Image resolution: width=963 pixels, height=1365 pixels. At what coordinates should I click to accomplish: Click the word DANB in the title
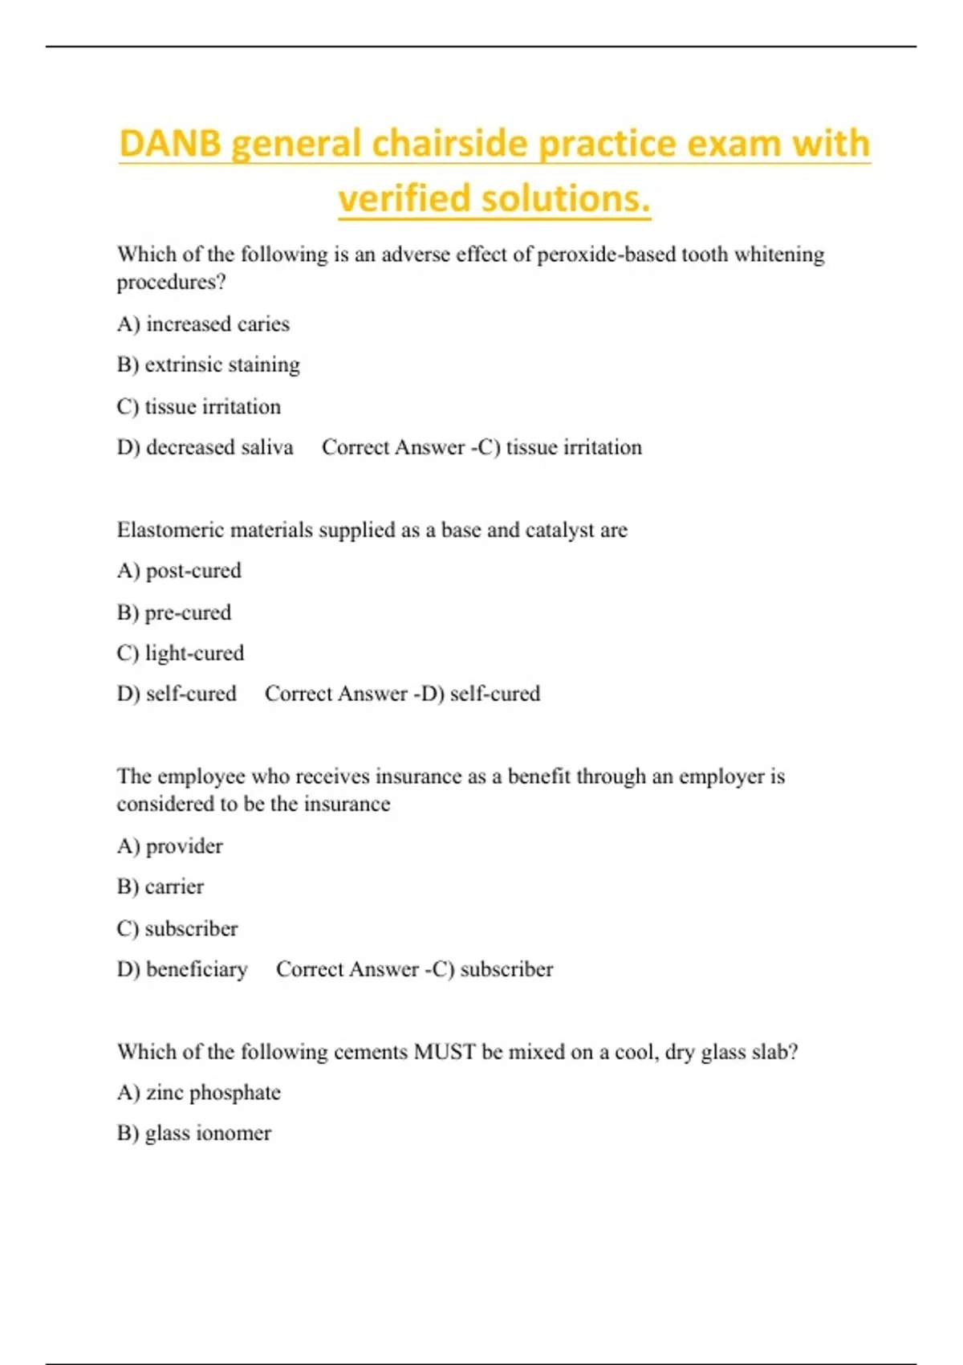169,144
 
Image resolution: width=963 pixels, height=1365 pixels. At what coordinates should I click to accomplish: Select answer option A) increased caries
203,324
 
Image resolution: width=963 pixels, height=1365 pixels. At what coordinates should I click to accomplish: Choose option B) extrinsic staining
208,365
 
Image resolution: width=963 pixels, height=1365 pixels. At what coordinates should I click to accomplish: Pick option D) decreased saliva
205,447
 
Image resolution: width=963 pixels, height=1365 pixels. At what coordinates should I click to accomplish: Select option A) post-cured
179,571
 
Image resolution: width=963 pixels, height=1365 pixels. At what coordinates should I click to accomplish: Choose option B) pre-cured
174,613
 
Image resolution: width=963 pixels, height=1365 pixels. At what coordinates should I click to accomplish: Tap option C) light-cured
181,654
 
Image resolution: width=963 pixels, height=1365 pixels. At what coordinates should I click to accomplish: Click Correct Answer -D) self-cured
402,694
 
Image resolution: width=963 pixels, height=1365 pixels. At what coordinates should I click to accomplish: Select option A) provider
170,846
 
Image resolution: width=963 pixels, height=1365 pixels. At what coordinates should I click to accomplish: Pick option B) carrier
160,887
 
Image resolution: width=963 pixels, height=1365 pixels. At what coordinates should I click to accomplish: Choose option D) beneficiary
182,969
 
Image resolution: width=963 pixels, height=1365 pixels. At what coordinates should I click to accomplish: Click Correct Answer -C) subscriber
414,969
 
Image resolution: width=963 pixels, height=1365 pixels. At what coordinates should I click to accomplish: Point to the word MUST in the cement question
445,1052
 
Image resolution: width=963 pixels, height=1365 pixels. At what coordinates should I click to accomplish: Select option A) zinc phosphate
199,1093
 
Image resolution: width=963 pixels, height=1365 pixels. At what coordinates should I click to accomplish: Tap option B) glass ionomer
194,1134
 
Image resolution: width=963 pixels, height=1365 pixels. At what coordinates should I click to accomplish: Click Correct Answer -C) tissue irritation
481,447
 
